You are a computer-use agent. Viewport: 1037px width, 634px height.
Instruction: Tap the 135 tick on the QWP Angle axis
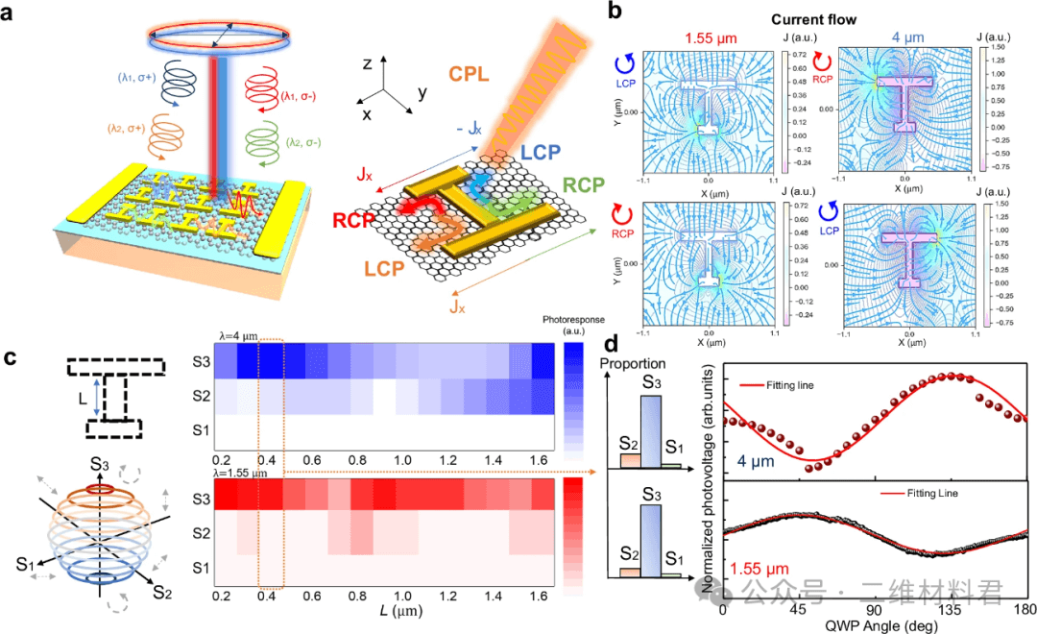click(951, 612)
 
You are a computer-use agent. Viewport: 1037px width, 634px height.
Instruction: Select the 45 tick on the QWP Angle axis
click(796, 612)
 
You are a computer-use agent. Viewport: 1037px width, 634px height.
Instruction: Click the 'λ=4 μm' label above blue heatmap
click(238, 336)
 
